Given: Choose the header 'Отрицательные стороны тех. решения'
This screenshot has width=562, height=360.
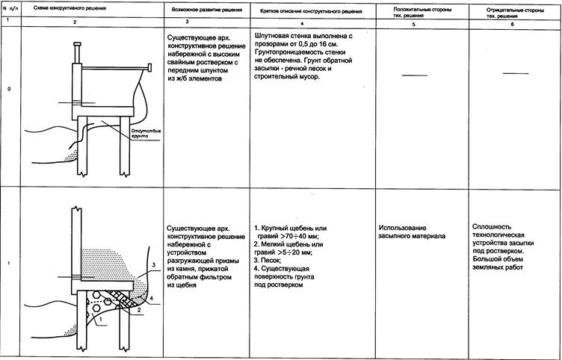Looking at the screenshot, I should click(515, 11).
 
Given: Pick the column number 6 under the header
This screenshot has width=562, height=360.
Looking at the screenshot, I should click(515, 25).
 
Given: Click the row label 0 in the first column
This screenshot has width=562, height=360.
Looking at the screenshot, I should click(8, 90).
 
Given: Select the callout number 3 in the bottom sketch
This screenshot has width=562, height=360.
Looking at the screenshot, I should click(152, 264).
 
